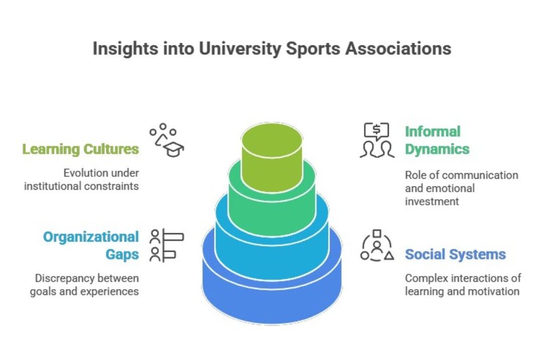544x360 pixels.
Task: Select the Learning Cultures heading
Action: (81, 149)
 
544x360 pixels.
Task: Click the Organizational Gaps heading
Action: (91, 245)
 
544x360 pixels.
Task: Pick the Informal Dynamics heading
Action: (436, 140)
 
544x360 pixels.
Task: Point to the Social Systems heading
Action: (455, 254)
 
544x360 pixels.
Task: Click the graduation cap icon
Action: (168, 140)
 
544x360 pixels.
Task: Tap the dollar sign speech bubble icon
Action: (377, 140)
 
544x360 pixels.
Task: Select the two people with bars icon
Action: (167, 245)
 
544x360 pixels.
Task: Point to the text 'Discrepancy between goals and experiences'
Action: (85, 284)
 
